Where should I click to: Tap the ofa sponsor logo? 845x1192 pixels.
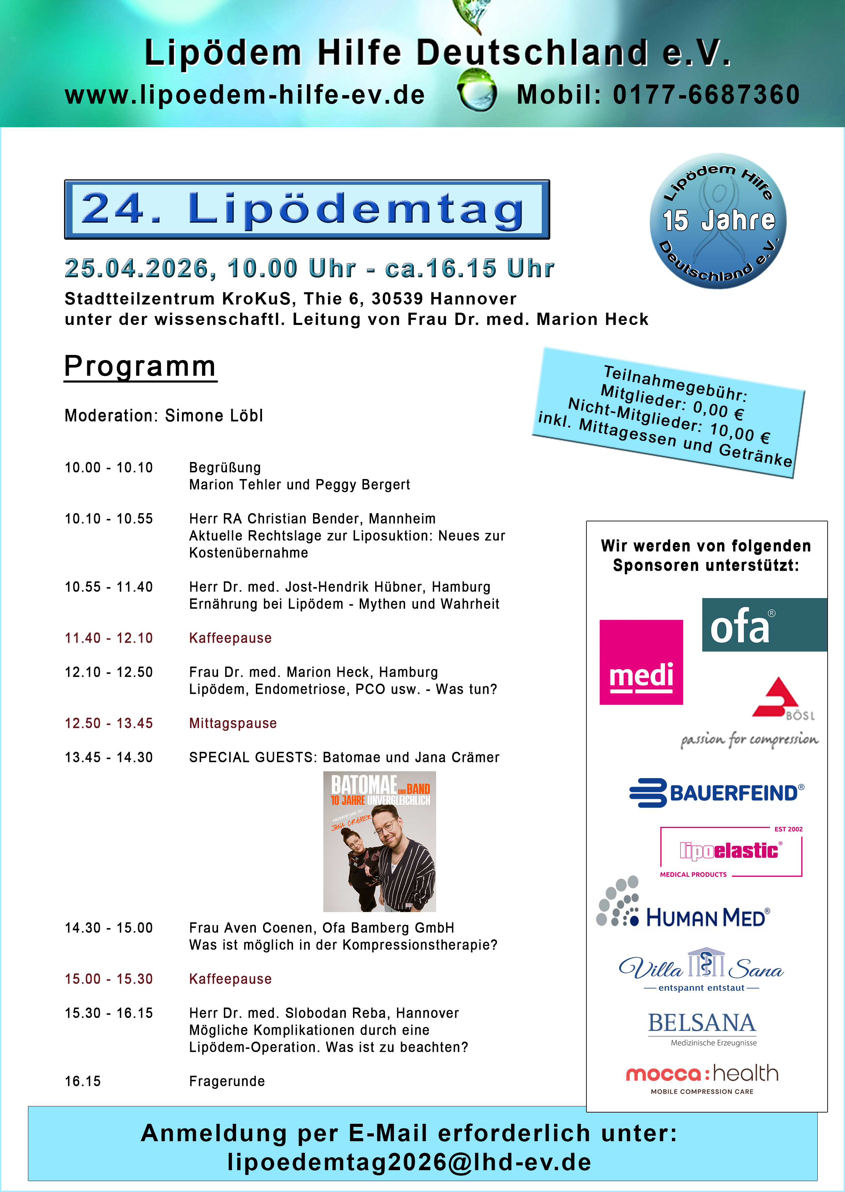(764, 625)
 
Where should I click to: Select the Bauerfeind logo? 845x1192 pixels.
(717, 793)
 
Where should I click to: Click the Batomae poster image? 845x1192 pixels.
(379, 841)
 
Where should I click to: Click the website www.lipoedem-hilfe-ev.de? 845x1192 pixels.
(245, 95)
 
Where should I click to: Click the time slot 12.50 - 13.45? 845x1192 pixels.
(109, 723)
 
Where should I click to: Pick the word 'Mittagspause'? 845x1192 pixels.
(233, 723)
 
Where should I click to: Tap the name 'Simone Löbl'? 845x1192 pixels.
(214, 415)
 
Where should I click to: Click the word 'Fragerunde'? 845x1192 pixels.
(227, 1081)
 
